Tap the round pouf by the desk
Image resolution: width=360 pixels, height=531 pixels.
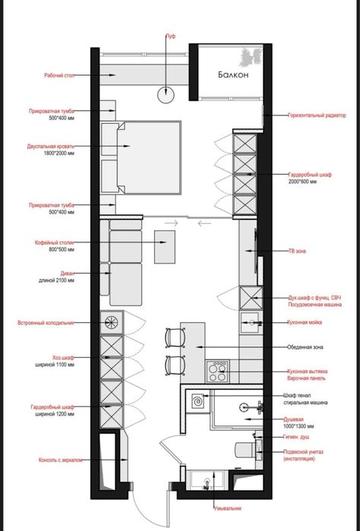166,93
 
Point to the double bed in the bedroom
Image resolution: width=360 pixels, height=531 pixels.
150,159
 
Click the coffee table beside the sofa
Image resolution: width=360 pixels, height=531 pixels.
166,245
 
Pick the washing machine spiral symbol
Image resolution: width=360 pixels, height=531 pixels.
197,400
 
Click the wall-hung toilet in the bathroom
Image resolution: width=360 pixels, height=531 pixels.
246,450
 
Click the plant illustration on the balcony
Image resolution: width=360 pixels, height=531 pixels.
251,58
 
